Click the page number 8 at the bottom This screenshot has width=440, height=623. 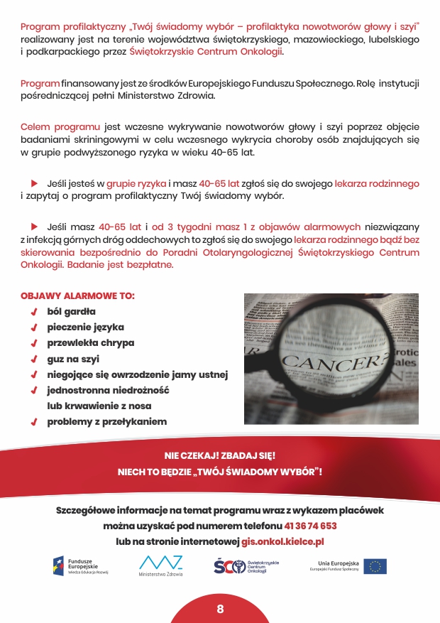coord(220,609)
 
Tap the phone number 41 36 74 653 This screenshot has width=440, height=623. coord(310,526)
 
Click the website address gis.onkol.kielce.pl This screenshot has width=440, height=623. coord(282,541)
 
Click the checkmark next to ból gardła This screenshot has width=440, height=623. coord(33,312)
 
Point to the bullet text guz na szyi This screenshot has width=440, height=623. coord(73,359)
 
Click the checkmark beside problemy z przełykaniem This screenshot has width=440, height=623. coord(33,422)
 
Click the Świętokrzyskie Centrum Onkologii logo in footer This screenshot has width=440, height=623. coord(246,566)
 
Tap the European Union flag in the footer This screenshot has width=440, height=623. coord(375,566)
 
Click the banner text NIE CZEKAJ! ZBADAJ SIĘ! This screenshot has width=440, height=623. coord(219,456)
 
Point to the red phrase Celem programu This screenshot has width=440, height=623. coord(60,127)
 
